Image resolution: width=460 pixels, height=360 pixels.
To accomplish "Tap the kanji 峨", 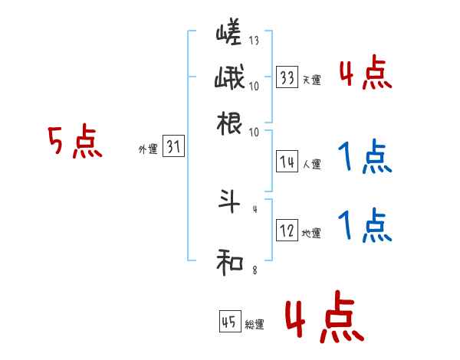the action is (230, 80).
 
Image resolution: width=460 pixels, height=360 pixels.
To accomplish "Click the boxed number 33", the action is (287, 77).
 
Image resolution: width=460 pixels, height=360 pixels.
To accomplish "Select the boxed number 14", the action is (287, 161).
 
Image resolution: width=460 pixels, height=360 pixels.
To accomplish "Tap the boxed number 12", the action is (287, 230).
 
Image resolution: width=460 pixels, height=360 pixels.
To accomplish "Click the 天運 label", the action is (311, 80).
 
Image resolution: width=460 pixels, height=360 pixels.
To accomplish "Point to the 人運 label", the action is (311, 163).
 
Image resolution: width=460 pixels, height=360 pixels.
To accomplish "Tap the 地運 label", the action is (311, 233).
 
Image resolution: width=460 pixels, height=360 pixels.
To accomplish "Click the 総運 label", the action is (255, 325).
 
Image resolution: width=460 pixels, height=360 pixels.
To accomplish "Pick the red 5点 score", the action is (74, 143).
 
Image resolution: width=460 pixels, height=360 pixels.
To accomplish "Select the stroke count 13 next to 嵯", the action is (254, 40).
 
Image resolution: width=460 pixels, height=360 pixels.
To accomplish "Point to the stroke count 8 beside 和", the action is (254, 270).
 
